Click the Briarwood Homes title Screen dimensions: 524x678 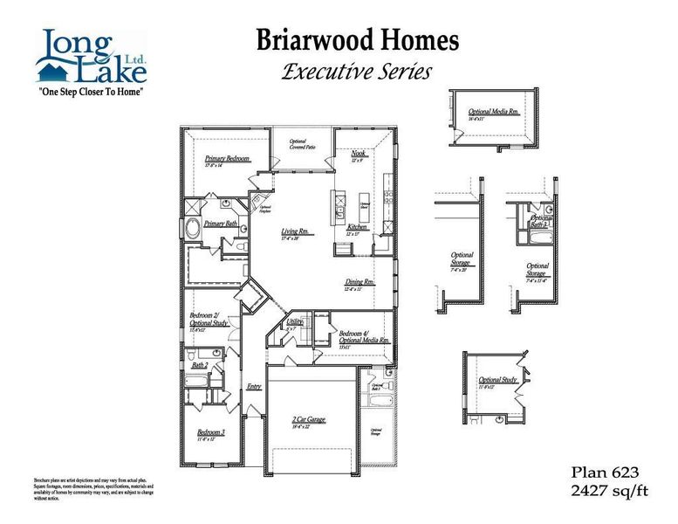[x=357, y=39]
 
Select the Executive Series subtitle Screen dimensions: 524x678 [x=357, y=72]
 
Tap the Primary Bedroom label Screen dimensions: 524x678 [x=228, y=159]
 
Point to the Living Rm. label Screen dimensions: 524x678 [x=295, y=231]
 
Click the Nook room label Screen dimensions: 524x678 [x=358, y=154]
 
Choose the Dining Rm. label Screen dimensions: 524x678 [x=359, y=283]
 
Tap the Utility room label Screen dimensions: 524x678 [x=294, y=323]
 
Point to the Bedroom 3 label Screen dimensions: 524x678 [x=211, y=432]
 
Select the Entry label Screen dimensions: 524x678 [x=254, y=386]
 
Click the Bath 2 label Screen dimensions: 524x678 [x=200, y=365]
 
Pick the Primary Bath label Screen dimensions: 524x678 [x=221, y=224]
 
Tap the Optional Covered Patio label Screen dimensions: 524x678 [x=303, y=144]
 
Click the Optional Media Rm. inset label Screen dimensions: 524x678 [x=494, y=113]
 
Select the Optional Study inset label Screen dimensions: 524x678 [x=497, y=380]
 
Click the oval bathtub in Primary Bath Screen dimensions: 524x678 [x=191, y=230]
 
